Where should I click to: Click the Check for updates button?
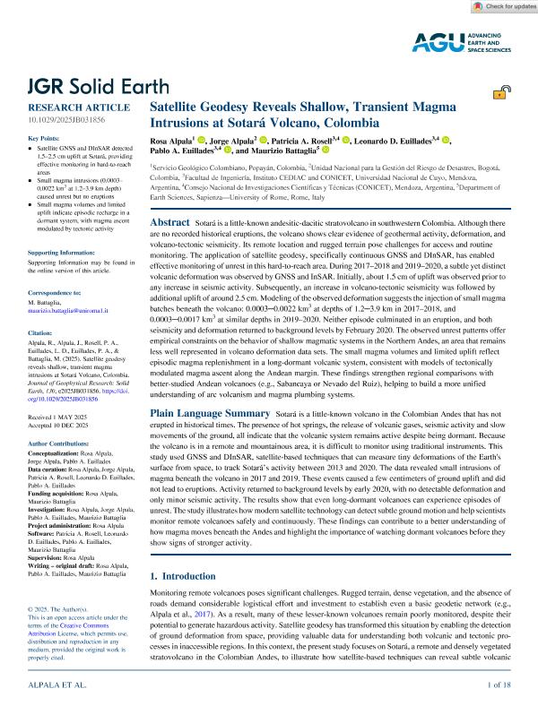501,7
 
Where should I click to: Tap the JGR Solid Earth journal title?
98,87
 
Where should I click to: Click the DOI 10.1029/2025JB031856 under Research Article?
66,118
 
